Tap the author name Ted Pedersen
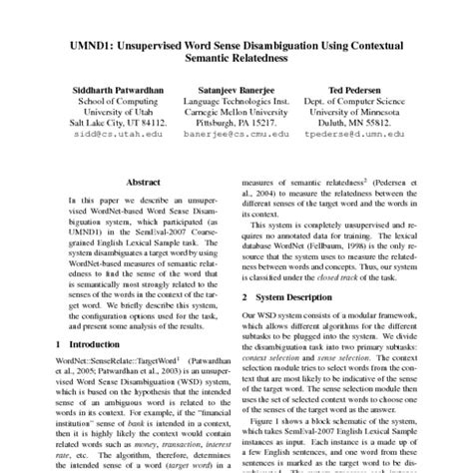tap(360, 89)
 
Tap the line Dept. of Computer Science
tap(361, 103)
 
